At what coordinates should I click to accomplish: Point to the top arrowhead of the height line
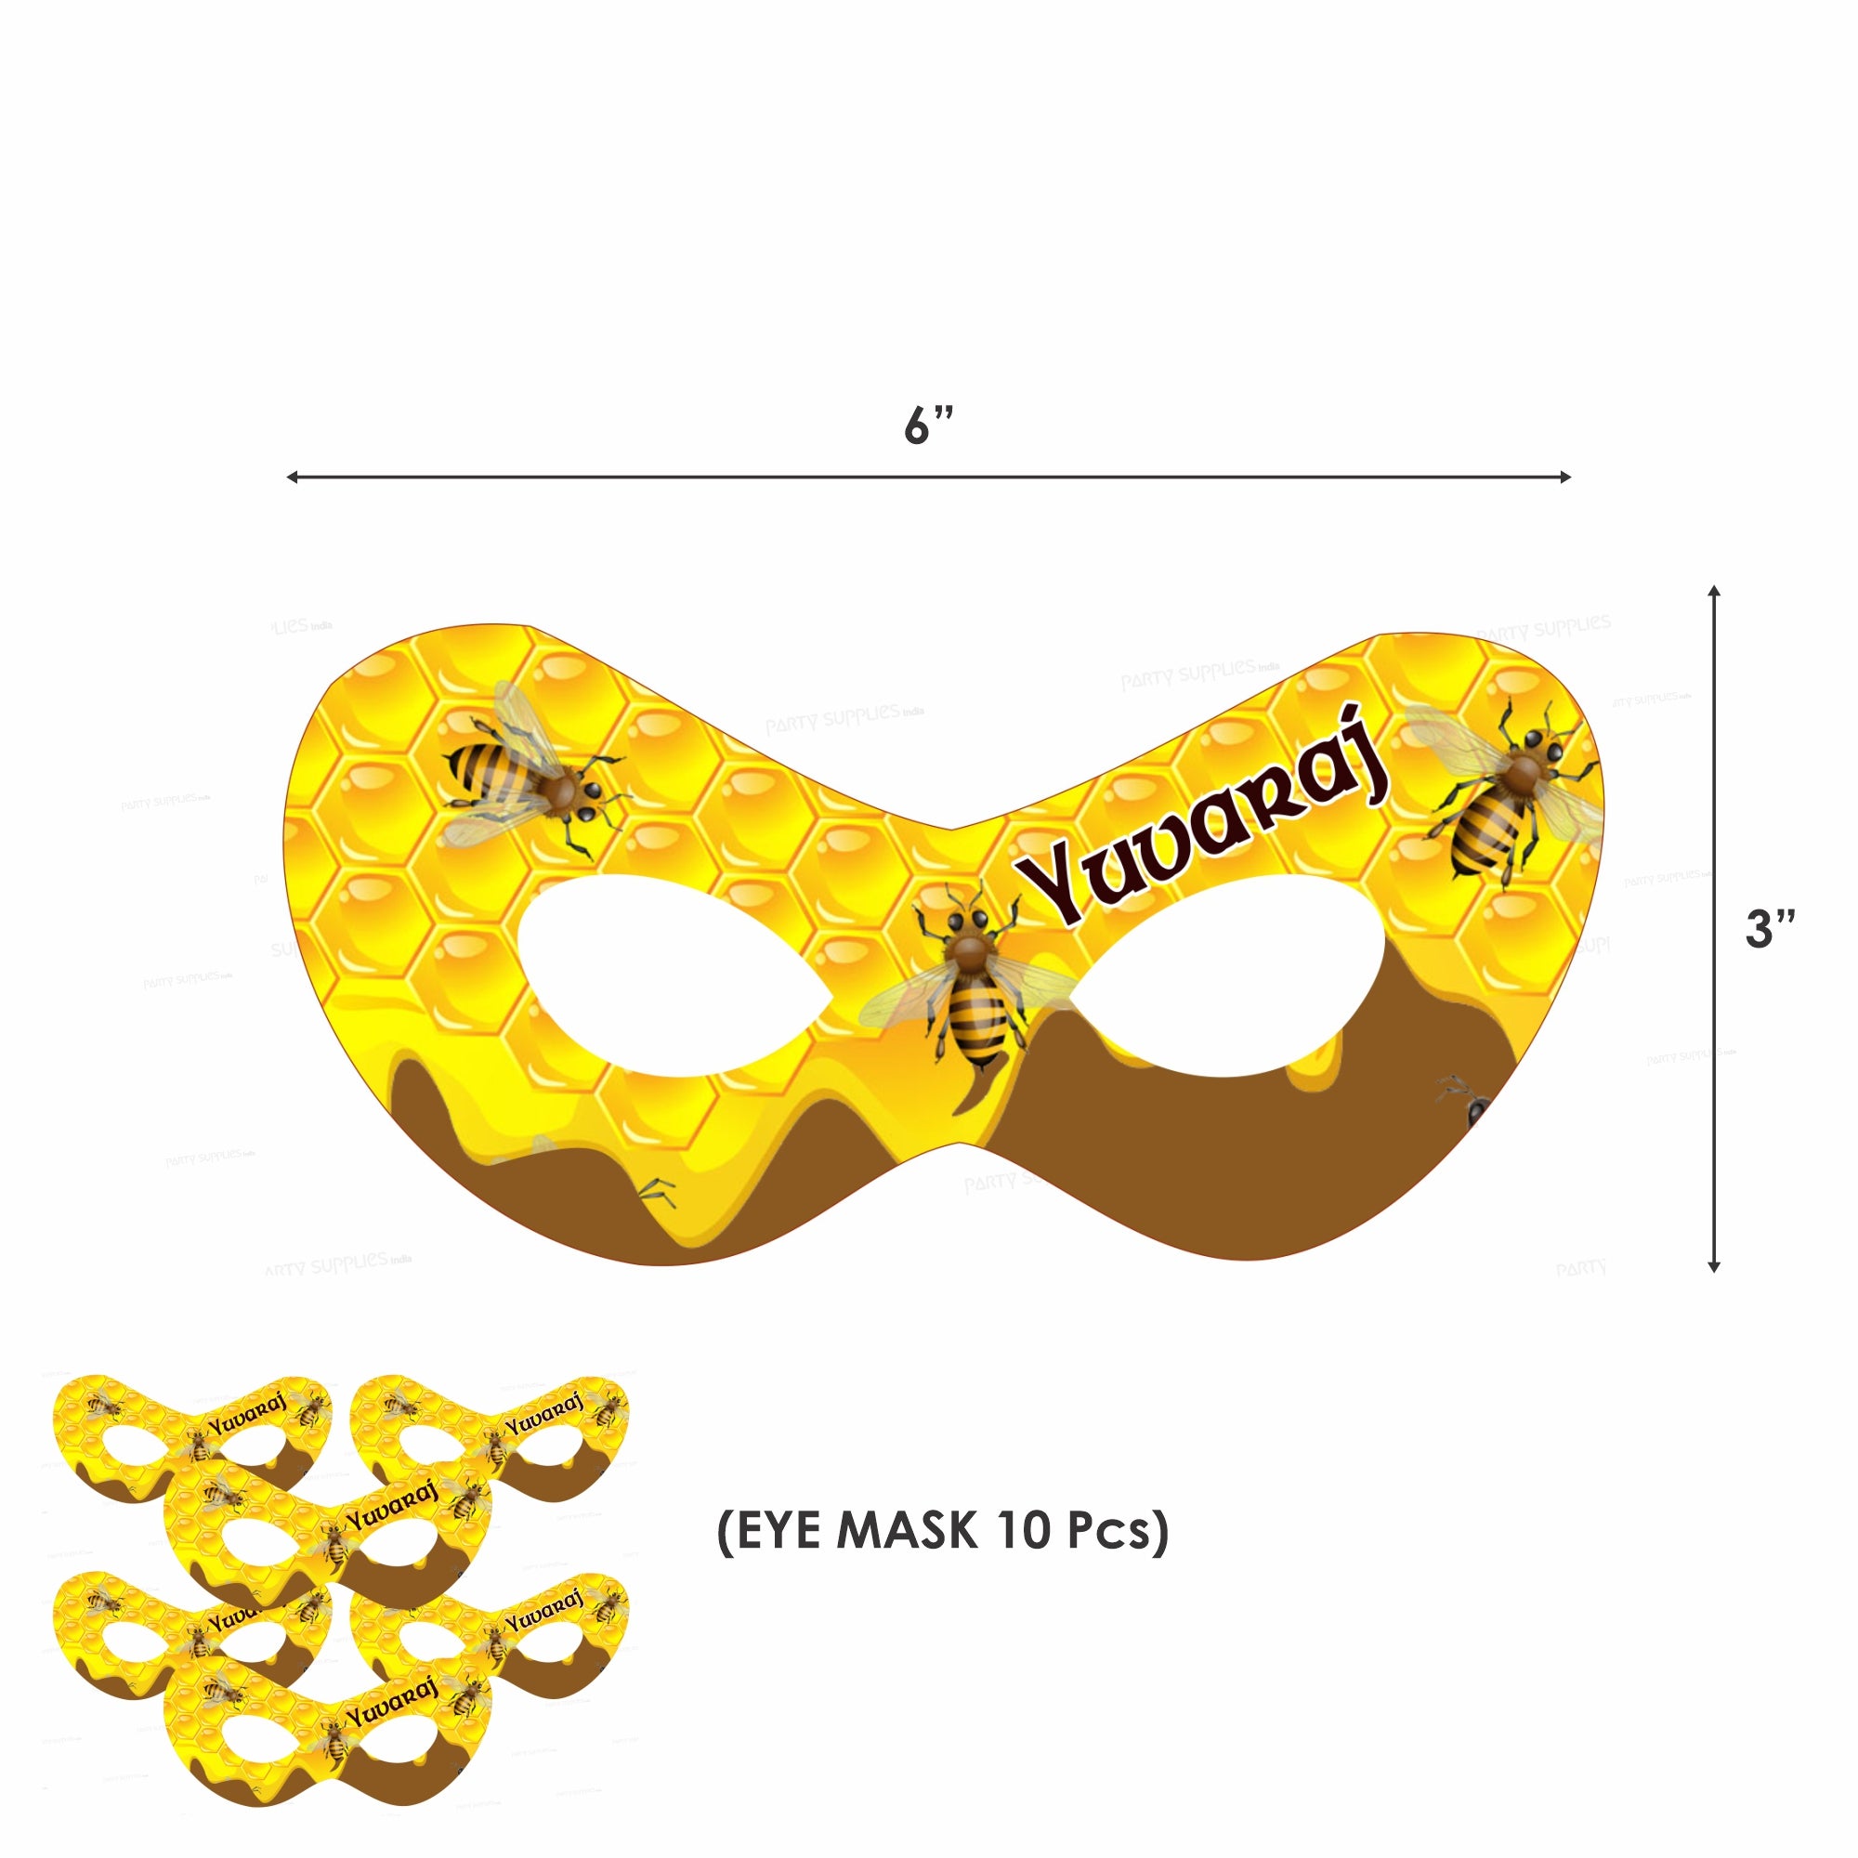point(1714,591)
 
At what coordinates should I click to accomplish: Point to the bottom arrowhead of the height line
point(1714,1266)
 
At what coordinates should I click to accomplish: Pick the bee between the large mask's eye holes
point(972,990)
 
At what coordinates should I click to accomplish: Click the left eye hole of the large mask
point(674,972)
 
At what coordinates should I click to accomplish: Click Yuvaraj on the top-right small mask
point(544,1414)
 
